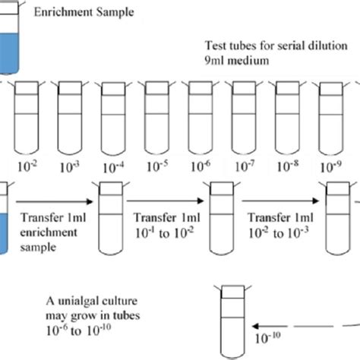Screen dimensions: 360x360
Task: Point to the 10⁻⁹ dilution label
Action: click(330, 162)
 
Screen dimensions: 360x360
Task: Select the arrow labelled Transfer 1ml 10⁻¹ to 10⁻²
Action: click(163, 199)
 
